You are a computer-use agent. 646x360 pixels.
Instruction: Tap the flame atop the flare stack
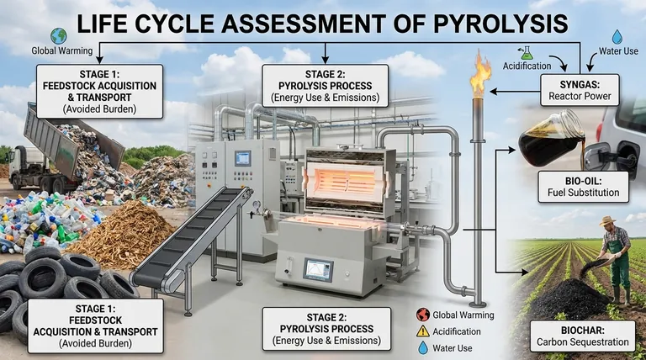tap(481, 75)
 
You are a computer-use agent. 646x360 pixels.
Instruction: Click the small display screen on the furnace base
tap(318, 270)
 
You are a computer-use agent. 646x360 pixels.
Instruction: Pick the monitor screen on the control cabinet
tap(242, 158)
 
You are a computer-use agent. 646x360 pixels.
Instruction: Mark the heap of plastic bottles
tap(38, 222)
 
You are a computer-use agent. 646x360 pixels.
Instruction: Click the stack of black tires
tap(59, 282)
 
